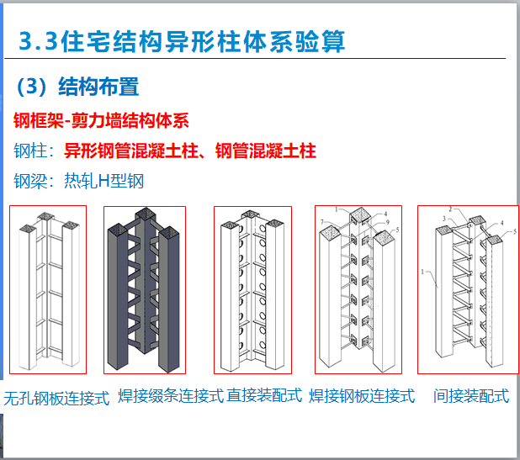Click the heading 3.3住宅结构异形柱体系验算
tap(181, 41)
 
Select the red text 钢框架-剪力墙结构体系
tap(101, 120)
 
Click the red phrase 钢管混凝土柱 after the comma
tap(266, 151)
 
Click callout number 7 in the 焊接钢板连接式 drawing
tap(322, 221)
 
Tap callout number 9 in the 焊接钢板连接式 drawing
tap(388, 223)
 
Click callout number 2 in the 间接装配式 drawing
tap(450, 209)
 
